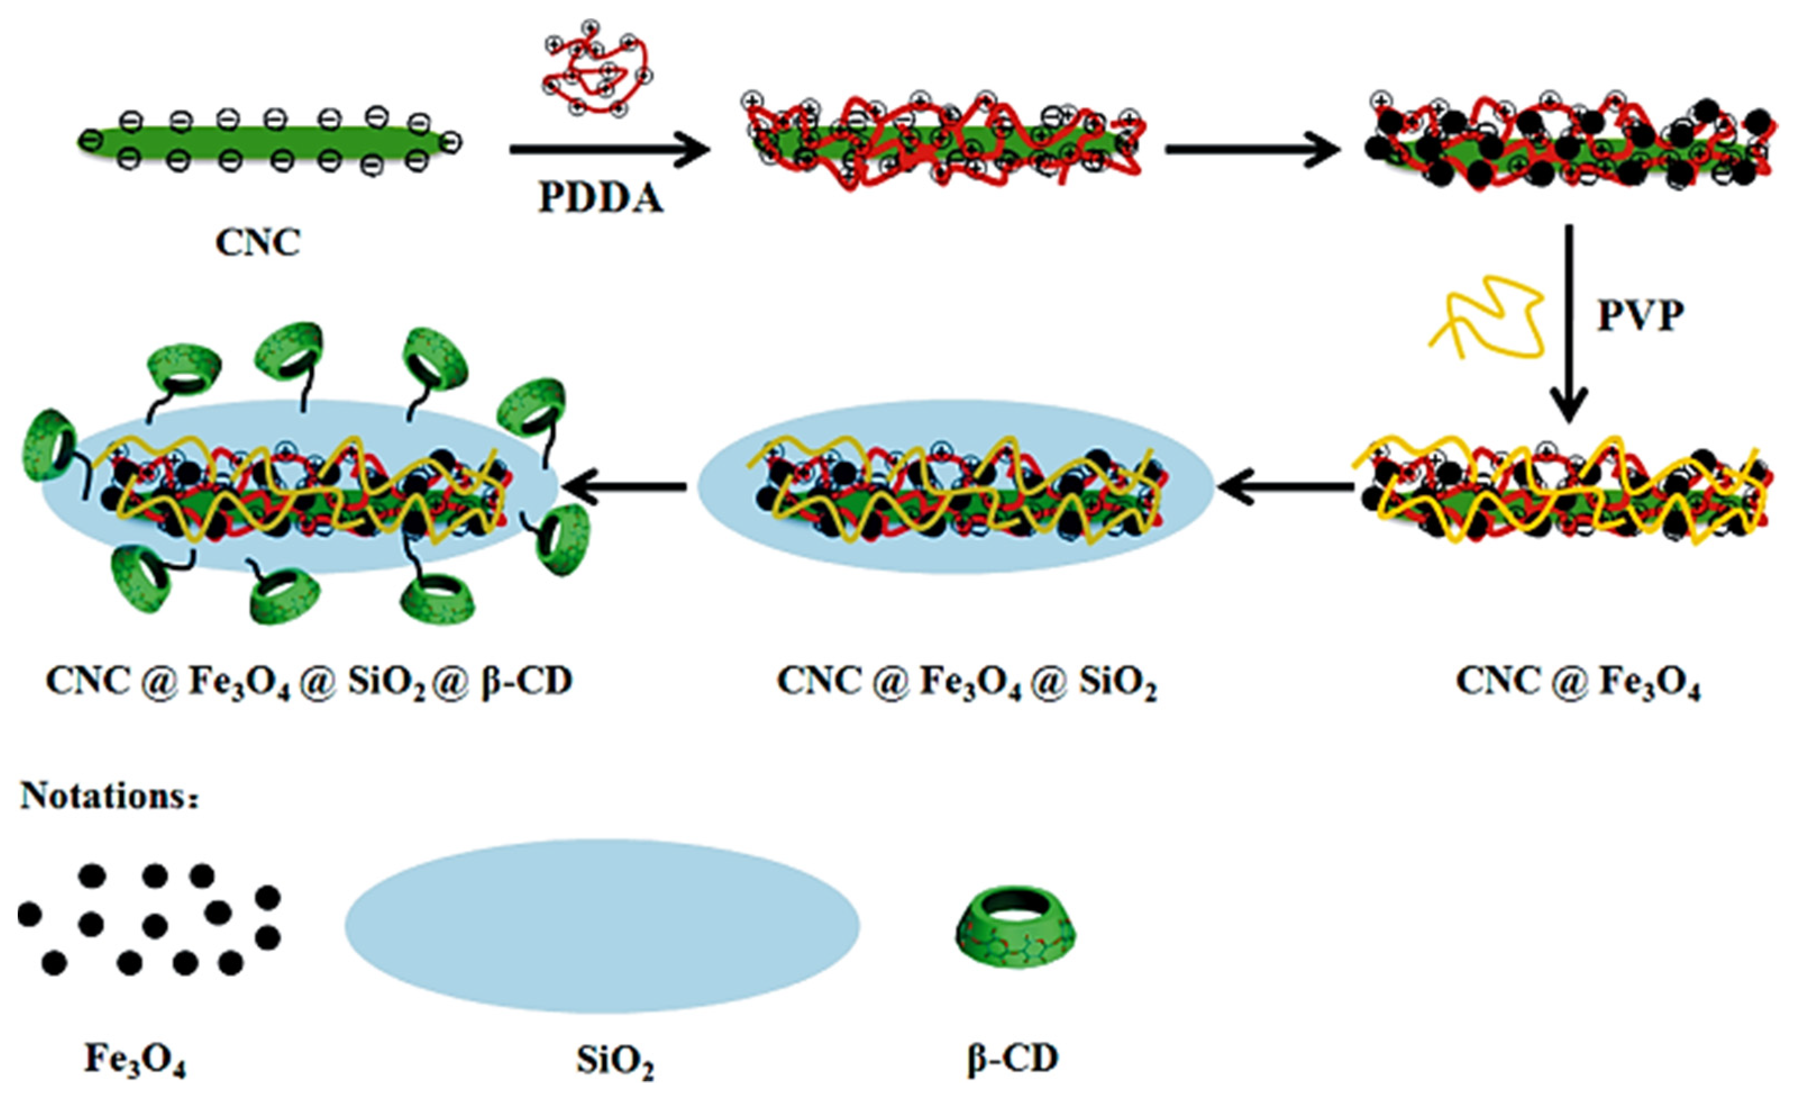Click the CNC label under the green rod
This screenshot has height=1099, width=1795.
coord(258,243)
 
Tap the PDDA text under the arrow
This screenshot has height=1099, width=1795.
coord(601,198)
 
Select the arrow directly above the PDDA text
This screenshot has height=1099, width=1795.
coord(609,150)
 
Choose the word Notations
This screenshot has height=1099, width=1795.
coord(108,796)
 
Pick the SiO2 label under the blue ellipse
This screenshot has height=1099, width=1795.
coord(615,1061)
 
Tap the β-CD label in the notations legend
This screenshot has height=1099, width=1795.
coord(1013,1060)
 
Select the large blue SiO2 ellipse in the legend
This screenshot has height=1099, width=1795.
coord(602,926)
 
